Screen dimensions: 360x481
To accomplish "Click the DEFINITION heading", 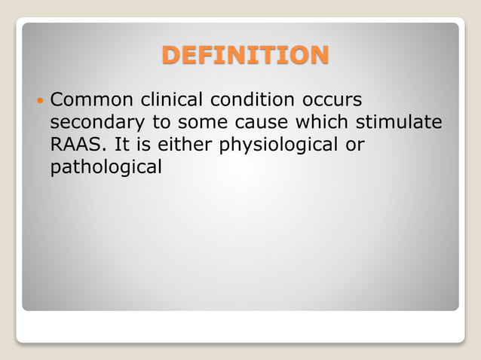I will (245, 56).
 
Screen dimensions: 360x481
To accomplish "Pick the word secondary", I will (98, 123).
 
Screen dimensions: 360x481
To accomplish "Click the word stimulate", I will (401, 123).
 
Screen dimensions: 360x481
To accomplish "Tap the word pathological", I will (106, 167).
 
